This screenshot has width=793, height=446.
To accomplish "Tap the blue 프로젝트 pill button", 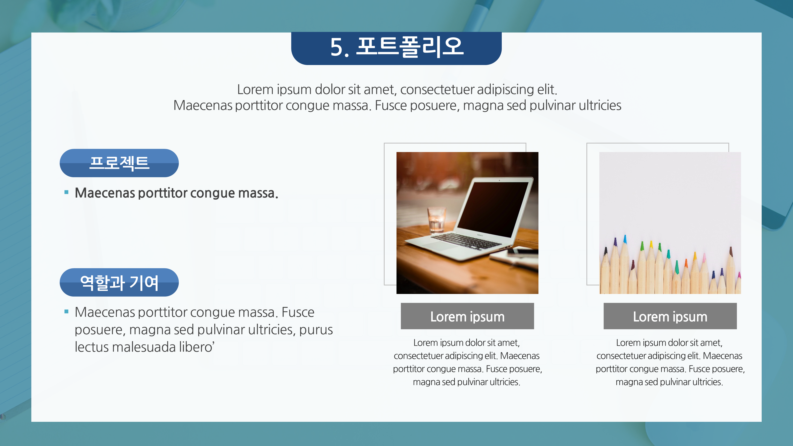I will point(119,163).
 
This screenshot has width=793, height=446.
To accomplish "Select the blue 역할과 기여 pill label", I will point(119,282).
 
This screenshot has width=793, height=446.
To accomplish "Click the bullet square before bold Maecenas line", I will point(66,192).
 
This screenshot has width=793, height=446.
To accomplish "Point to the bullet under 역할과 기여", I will point(66,311).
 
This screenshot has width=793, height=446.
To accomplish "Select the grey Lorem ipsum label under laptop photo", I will point(467,316).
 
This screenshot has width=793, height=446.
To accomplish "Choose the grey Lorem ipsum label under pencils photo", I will point(670,316).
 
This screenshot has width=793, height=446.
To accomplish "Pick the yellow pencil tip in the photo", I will point(651,245).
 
